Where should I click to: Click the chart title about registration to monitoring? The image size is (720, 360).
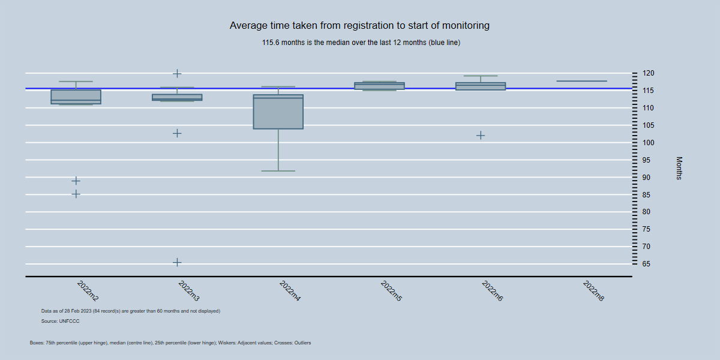click(x=359, y=26)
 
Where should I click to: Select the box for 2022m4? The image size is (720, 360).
click(x=278, y=112)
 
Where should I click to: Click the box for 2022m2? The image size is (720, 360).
click(x=76, y=97)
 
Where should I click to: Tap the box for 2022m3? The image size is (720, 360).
click(x=177, y=97)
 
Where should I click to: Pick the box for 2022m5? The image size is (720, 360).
click(x=379, y=86)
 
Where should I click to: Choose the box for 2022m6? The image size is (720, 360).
click(x=481, y=86)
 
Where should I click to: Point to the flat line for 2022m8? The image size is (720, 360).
click(x=581, y=81)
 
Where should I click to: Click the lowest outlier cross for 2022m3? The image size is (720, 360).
click(x=177, y=262)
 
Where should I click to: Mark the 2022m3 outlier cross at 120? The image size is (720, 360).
click(x=177, y=73)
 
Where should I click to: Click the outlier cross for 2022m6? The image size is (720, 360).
click(x=481, y=135)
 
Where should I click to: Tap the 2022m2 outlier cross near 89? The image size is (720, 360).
click(x=76, y=181)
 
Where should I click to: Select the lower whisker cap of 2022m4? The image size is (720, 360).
click(x=278, y=171)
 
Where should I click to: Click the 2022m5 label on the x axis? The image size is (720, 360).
click(x=391, y=291)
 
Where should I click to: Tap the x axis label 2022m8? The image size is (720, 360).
click(x=593, y=291)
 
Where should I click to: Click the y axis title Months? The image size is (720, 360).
click(x=679, y=168)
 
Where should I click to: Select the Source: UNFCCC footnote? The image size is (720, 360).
click(x=61, y=322)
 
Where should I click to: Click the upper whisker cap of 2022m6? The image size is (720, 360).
click(x=481, y=76)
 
